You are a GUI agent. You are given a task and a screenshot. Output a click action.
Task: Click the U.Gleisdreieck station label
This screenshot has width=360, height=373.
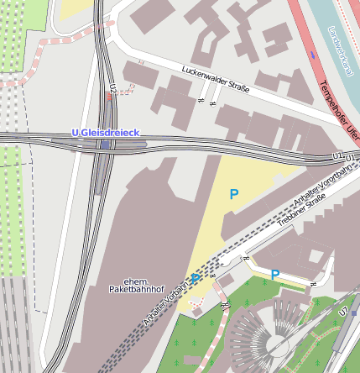pos(105,134)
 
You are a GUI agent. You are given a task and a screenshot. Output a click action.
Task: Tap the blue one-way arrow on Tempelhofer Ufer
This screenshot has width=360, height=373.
pos(314,55)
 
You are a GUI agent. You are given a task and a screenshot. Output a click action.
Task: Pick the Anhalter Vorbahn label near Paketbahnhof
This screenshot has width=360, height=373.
pos(166,300)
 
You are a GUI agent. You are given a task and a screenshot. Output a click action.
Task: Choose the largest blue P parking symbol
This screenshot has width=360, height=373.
pos(234,194)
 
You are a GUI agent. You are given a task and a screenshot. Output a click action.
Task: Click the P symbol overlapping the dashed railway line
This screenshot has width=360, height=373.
pos(196,277)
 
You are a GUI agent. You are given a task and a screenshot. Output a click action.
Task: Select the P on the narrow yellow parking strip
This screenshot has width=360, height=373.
pos(275,274)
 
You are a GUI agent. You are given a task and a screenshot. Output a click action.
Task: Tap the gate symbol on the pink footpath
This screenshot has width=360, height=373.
pos(225,303)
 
